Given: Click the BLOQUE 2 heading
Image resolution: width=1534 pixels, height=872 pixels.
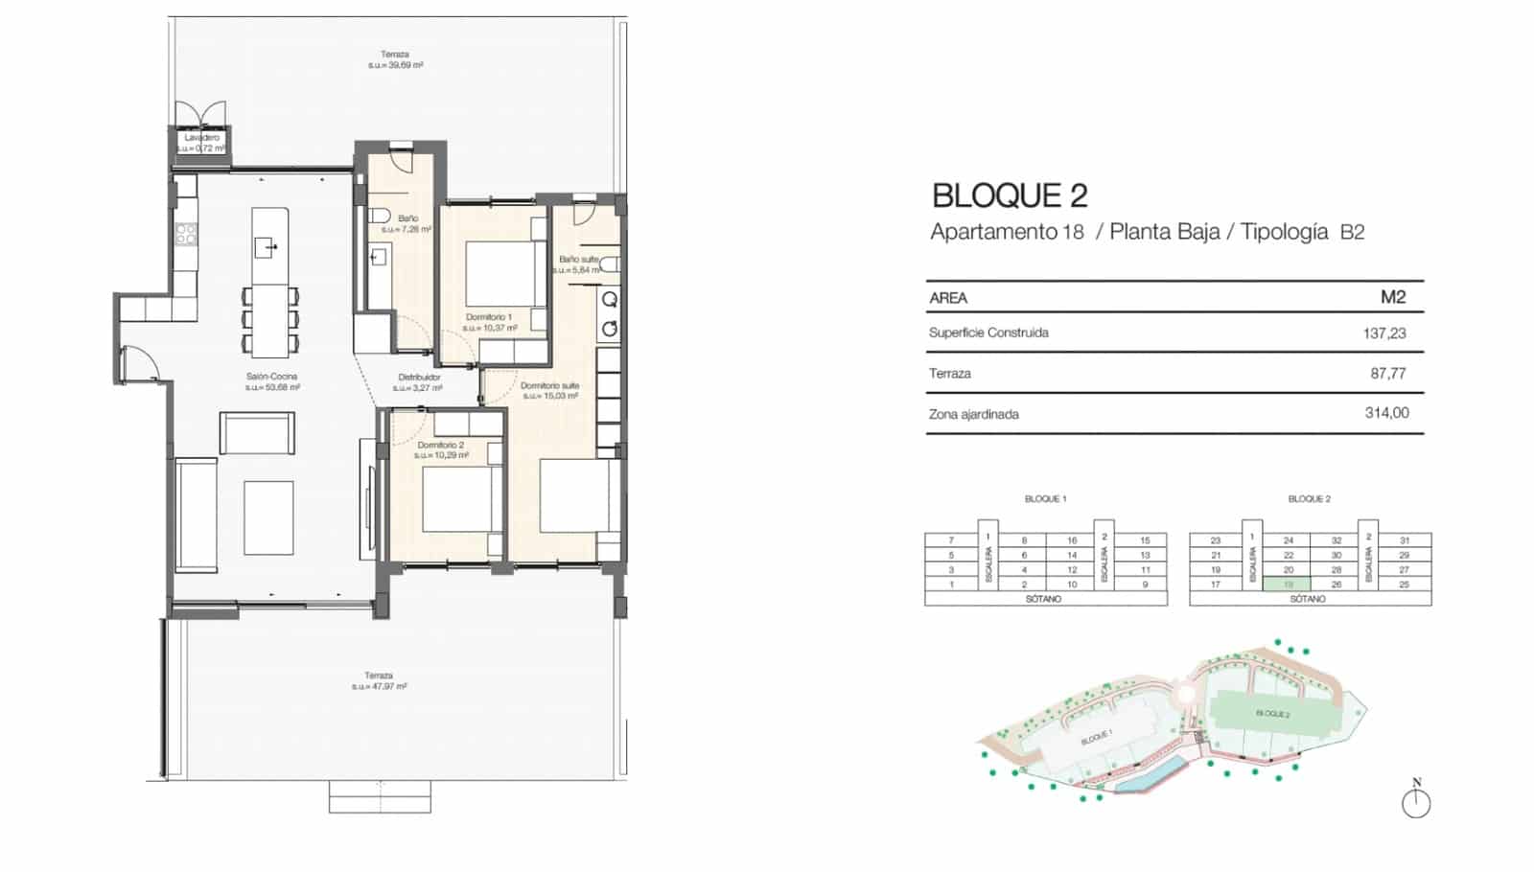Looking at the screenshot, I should [1010, 195].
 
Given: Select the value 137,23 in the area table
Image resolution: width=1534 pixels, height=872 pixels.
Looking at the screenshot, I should [1383, 333].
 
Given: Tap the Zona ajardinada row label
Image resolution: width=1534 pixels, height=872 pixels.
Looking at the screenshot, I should [973, 414].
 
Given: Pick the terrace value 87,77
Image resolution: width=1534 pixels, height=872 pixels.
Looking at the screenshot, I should [1387, 374].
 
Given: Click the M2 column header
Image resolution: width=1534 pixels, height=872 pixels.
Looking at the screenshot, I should [1392, 297].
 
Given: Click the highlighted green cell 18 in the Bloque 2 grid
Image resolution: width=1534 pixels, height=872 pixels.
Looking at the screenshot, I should [1288, 585].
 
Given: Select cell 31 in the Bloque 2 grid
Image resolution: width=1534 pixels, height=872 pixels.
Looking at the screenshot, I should [1404, 540].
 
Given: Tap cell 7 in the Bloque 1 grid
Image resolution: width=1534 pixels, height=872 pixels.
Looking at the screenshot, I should [951, 540].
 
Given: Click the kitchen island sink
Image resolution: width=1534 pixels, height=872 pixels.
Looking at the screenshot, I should [266, 247].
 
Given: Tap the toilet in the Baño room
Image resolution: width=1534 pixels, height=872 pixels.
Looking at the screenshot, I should [379, 216].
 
